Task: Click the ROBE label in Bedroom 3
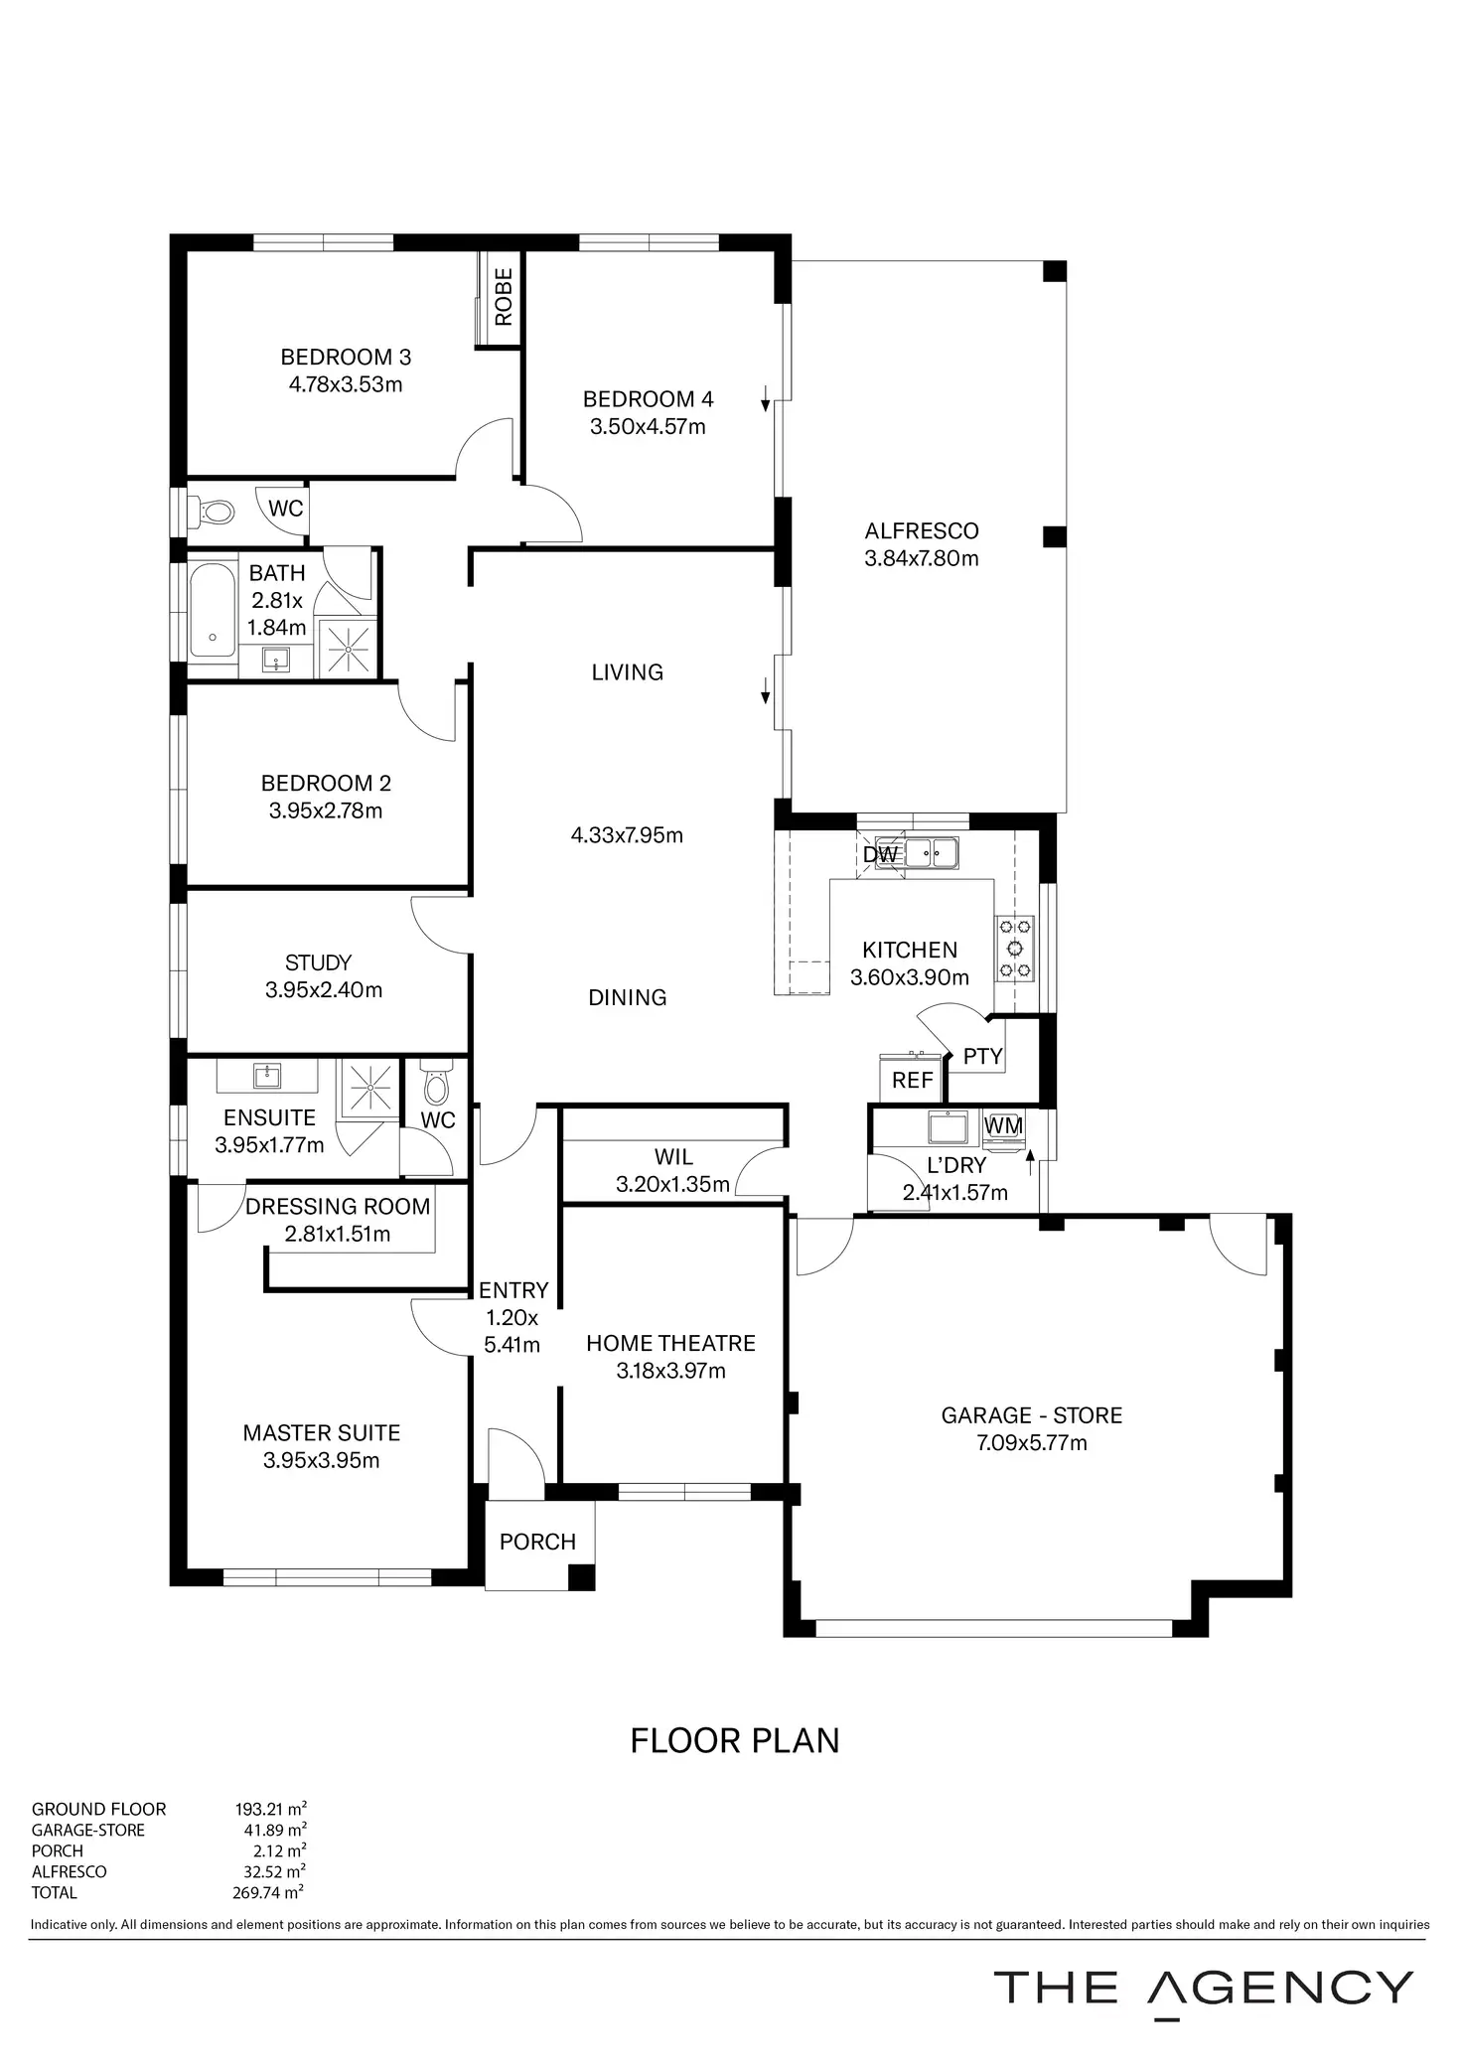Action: click(x=504, y=297)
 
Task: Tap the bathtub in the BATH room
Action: click(x=212, y=610)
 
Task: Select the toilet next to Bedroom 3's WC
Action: click(x=217, y=513)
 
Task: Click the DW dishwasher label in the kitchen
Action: click(x=880, y=854)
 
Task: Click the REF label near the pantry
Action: click(x=912, y=1080)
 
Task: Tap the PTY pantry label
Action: click(x=982, y=1056)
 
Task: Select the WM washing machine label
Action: click(x=1003, y=1125)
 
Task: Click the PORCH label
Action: click(x=537, y=1542)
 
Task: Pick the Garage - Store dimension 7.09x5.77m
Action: click(x=1032, y=1442)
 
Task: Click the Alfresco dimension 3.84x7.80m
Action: click(x=921, y=558)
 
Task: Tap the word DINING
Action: click(x=627, y=997)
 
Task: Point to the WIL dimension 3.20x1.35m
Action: click(x=672, y=1184)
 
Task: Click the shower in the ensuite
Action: click(x=368, y=1089)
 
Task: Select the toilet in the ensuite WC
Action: click(x=436, y=1085)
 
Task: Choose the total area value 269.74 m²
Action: click(x=268, y=1892)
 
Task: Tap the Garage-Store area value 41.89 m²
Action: click(x=270, y=1830)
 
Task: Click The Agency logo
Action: click(x=1203, y=1988)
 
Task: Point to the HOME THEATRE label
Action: click(x=670, y=1343)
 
